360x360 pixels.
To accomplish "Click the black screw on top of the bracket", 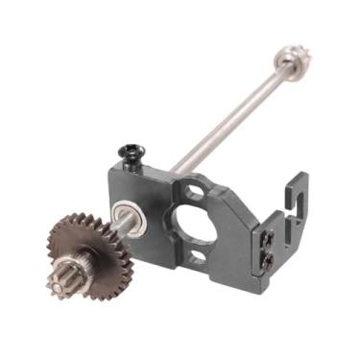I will click(x=130, y=153).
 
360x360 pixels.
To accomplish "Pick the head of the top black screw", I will click(x=130, y=149).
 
